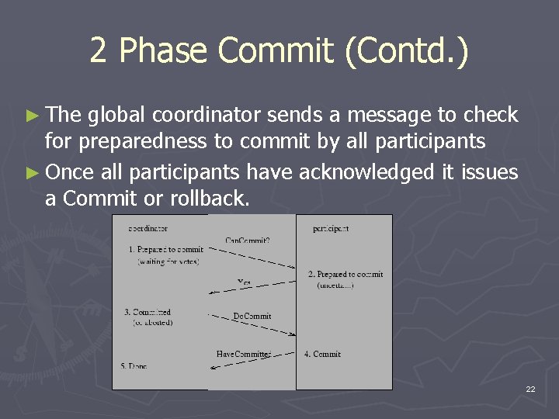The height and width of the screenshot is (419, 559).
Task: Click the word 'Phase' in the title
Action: pos(164,51)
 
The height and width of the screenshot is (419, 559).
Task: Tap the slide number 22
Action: pos(530,389)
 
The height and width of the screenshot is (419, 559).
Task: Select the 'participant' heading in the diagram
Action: pos(331,228)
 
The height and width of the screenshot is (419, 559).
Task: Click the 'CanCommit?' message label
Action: pos(248,240)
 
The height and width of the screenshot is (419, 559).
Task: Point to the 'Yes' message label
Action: pos(245,282)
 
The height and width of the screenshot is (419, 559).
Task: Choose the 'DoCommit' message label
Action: pos(252,316)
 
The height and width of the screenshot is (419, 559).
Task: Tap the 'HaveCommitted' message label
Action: pos(244,354)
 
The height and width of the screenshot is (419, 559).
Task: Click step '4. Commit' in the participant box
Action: pos(322,354)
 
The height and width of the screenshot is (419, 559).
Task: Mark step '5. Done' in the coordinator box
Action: pos(134,365)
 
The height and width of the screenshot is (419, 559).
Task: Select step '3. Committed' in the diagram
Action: pos(148,312)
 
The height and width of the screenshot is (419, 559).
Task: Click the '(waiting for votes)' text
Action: pos(168,261)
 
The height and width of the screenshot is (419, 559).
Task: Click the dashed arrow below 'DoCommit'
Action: pos(252,326)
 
